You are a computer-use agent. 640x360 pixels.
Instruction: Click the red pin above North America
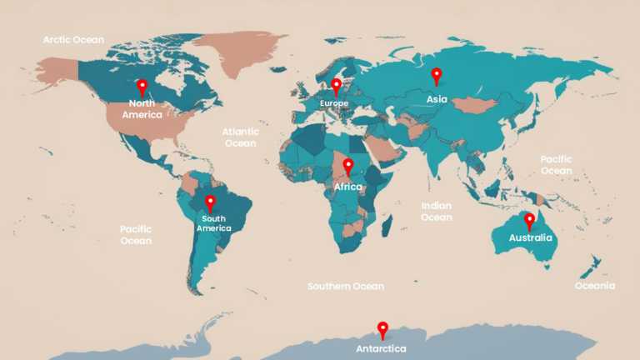pyautogui.click(x=142, y=87)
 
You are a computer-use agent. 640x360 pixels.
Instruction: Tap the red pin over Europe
pyautogui.click(x=336, y=86)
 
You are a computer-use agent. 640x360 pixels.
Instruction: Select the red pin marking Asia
pyautogui.click(x=436, y=76)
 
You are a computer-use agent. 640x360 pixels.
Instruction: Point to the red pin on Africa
pyautogui.click(x=348, y=166)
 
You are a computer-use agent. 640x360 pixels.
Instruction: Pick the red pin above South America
pyautogui.click(x=210, y=202)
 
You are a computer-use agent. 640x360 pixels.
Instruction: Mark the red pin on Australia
pyautogui.click(x=529, y=220)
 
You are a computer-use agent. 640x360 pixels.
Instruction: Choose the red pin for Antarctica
pyautogui.click(x=382, y=329)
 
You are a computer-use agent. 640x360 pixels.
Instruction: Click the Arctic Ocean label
pyautogui.click(x=74, y=39)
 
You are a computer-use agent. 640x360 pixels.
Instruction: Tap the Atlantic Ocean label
pyautogui.click(x=240, y=137)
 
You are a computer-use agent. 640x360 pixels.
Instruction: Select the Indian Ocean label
pyautogui.click(x=436, y=212)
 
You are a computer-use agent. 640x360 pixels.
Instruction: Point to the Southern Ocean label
pyautogui.click(x=346, y=287)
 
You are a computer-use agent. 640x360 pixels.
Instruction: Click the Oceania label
pyautogui.click(x=595, y=286)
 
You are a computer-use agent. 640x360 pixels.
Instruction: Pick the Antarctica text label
pyautogui.click(x=382, y=347)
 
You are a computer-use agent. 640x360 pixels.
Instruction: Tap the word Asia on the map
pyautogui.click(x=437, y=99)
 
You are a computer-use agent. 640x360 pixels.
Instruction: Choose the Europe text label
pyautogui.click(x=334, y=103)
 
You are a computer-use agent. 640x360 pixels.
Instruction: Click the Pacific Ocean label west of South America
pyautogui.click(x=136, y=235)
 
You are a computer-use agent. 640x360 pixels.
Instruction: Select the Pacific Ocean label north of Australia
pyautogui.click(x=556, y=165)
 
